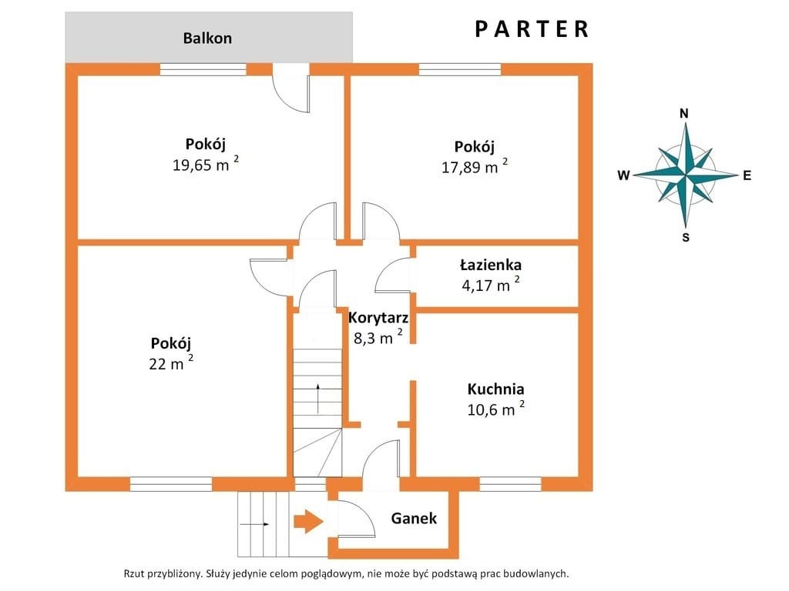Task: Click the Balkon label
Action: pos(207,38)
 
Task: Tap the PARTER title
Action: pos(532,28)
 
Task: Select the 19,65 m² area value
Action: pos(205,164)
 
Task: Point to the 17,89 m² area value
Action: pos(475,166)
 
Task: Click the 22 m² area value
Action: pos(171,362)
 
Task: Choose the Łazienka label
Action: pos(491,265)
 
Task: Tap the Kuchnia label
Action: pos(495,389)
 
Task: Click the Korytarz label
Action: pos(378,318)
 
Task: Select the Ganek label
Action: pos(414,518)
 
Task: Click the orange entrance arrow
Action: pos(308,522)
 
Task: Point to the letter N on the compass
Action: pos(684,114)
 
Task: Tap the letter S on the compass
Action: pos(685,237)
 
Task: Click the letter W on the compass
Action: pos(623,175)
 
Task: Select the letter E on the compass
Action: pos(747,175)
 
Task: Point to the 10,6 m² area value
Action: pos(495,409)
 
